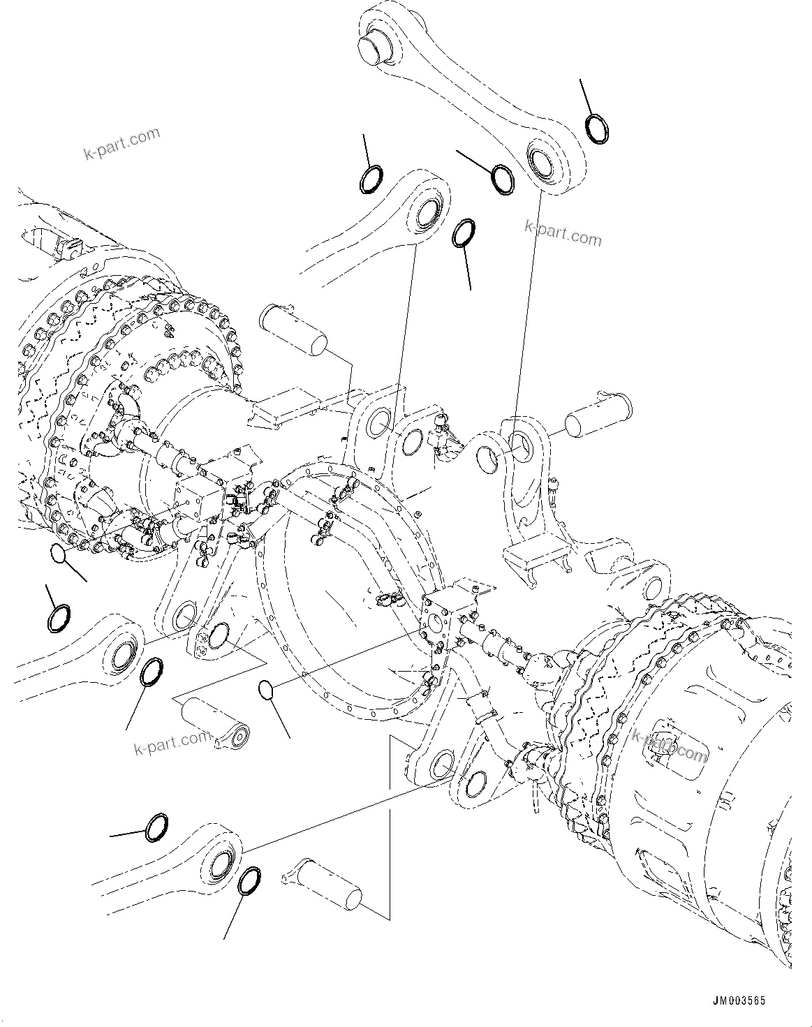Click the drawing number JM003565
[x=738, y=1000]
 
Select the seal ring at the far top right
[x=597, y=129]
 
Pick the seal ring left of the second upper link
[x=371, y=179]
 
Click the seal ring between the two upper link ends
[x=502, y=177]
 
